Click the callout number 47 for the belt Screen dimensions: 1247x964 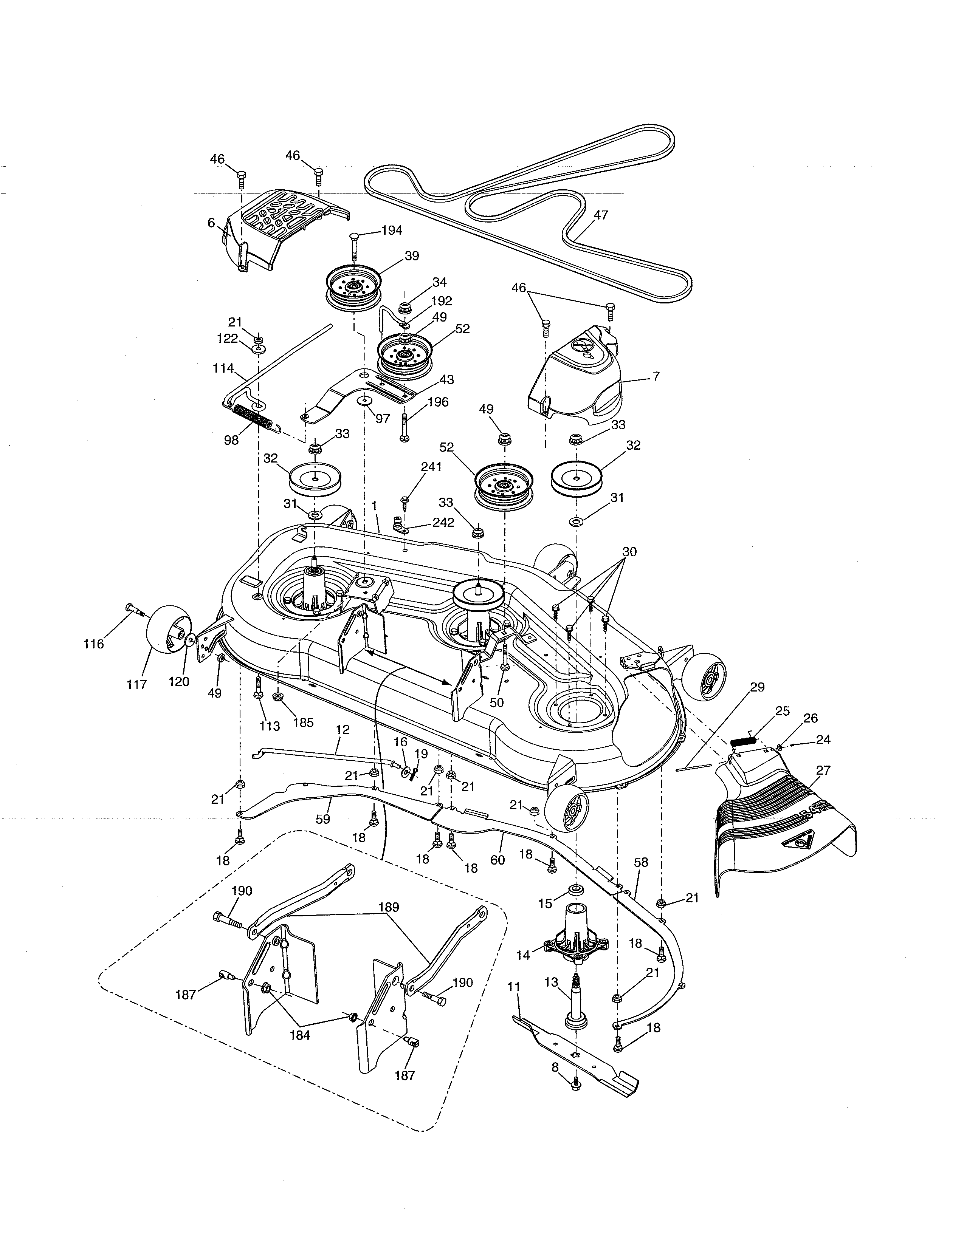point(601,215)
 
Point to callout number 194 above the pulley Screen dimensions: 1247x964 point(391,230)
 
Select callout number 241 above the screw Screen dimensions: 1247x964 point(431,466)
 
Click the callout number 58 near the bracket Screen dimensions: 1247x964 point(641,862)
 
